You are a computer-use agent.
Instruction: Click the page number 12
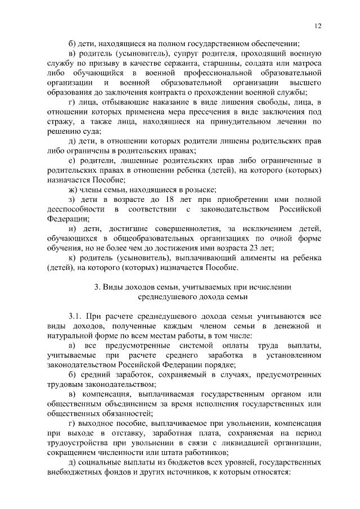tap(318, 25)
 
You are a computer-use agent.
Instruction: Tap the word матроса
tap(306, 64)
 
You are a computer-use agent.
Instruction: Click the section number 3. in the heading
tap(97, 286)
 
